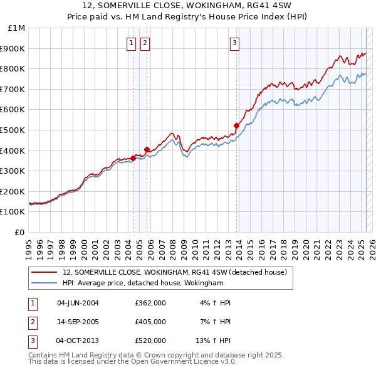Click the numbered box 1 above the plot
point(131,43)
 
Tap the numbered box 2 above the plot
point(145,43)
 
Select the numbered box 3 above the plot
point(234,43)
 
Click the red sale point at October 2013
point(236,126)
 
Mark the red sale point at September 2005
point(147,149)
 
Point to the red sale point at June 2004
point(133,158)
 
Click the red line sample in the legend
point(44,272)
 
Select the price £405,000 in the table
point(150,322)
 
